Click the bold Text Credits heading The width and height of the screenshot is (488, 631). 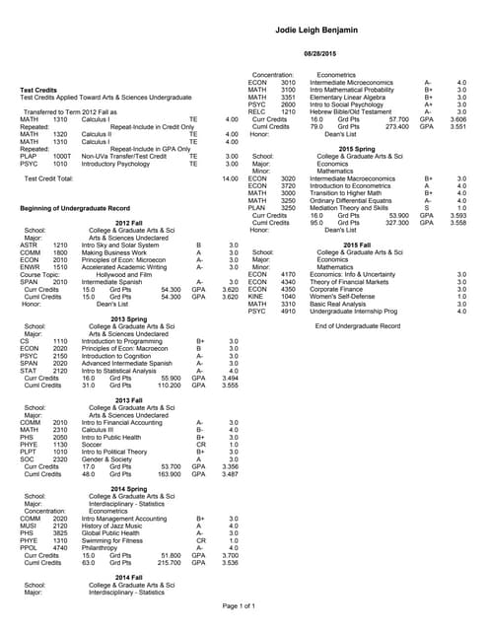[x=39, y=91]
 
